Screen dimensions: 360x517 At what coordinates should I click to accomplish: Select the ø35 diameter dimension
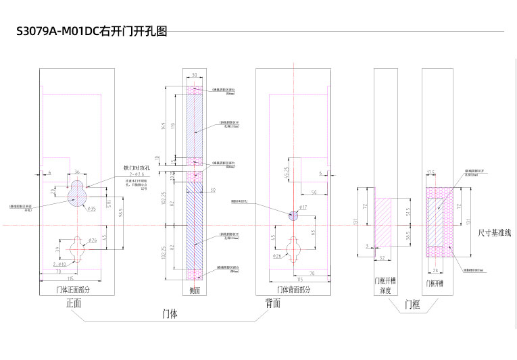(92, 209)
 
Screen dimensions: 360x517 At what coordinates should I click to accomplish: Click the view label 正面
(74, 303)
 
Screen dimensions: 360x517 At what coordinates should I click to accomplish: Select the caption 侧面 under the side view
(195, 289)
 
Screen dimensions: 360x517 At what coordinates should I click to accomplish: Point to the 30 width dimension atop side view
(195, 75)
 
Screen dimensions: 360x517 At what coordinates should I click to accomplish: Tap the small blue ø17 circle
(293, 215)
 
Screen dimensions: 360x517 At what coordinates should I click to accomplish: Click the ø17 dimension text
(303, 207)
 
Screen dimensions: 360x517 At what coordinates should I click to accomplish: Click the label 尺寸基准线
(494, 232)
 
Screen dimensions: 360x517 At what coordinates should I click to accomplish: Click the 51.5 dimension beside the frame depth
(408, 213)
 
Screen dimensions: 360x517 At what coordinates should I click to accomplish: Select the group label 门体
(171, 314)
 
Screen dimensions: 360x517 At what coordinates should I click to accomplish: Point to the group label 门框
(412, 305)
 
